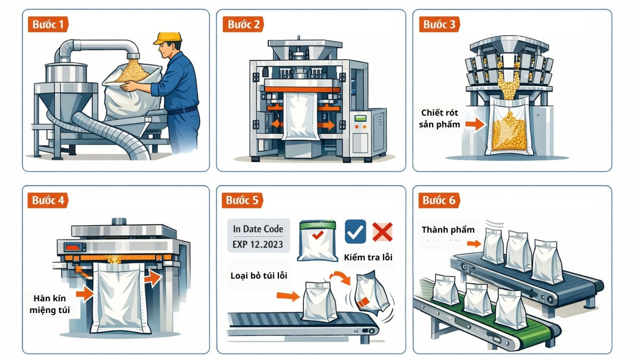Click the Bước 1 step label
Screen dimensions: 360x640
pyautogui.click(x=47, y=24)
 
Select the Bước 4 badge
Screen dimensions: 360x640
pyautogui.click(x=47, y=201)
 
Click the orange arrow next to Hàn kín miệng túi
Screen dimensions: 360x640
pyautogui.click(x=84, y=293)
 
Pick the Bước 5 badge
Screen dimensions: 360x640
pyautogui.click(x=242, y=201)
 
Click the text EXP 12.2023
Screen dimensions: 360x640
pyautogui.click(x=258, y=245)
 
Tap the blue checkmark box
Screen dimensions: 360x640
pyautogui.click(x=355, y=231)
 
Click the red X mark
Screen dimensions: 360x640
pyautogui.click(x=382, y=232)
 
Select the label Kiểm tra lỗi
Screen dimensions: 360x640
pyautogui.click(x=368, y=258)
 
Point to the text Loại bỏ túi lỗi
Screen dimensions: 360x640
pyautogui.click(x=259, y=276)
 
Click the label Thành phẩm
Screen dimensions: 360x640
pyautogui.click(x=448, y=230)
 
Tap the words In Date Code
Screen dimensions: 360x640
pyautogui.click(x=258, y=229)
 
